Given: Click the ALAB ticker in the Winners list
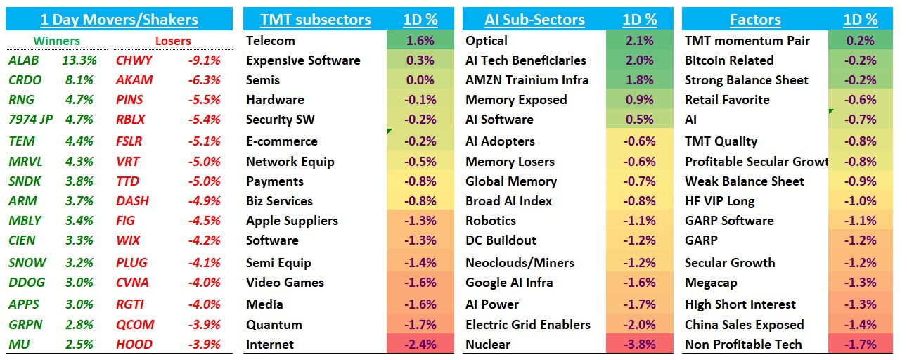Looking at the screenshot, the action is [x=23, y=60].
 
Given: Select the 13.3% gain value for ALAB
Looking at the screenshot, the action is [x=79, y=60].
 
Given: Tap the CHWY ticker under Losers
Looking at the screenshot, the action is [x=134, y=60].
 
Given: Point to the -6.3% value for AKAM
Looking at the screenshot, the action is [x=204, y=80].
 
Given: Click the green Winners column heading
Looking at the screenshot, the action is [x=56, y=41].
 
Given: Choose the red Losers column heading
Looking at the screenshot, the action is [x=173, y=41].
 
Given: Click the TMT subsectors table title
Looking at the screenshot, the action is [x=316, y=20].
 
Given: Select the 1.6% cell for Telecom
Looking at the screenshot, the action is [x=420, y=41].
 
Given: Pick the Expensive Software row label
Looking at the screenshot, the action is [x=303, y=60].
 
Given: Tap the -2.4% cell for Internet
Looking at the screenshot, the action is [x=420, y=345].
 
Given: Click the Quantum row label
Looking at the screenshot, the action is [x=274, y=325].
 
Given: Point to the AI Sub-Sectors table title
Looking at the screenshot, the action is [x=534, y=20].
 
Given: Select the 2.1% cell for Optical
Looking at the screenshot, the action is [x=639, y=41].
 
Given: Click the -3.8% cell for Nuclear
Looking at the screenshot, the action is [x=639, y=345].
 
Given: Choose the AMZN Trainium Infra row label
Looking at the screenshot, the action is [x=527, y=80].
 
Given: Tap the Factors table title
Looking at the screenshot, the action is [x=755, y=20].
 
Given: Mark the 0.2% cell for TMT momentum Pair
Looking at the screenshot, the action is [x=861, y=41].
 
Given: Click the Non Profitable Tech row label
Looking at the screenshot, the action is [x=743, y=345].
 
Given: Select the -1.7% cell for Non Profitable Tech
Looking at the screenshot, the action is [x=861, y=345].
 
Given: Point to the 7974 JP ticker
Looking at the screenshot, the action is [x=31, y=120].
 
